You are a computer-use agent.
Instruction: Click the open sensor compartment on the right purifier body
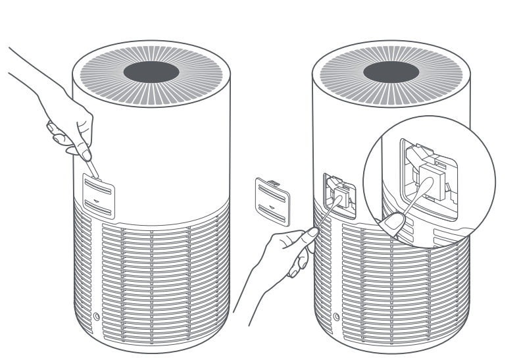(340, 197)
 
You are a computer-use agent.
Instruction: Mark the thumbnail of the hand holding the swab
(305, 232)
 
